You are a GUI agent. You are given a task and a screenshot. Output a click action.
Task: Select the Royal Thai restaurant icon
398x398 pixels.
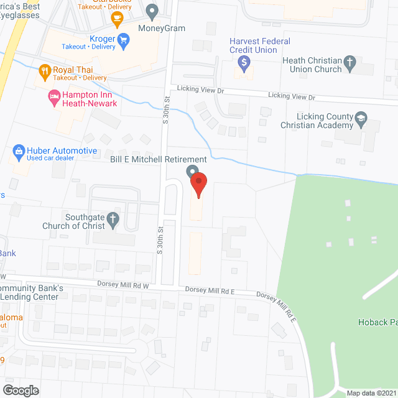click(x=44, y=70)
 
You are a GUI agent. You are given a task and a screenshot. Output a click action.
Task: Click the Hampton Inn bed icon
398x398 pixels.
click(x=53, y=96)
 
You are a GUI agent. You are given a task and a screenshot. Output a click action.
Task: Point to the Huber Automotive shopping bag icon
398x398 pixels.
click(x=19, y=151)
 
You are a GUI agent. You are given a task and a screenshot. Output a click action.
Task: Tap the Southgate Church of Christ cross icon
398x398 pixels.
click(x=113, y=218)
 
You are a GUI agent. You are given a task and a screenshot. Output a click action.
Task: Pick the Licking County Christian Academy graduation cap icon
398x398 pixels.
click(x=360, y=118)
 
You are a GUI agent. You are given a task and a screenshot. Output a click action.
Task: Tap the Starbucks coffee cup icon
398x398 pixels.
click(x=116, y=19)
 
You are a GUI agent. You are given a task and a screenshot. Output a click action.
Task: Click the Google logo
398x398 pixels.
click(x=20, y=390)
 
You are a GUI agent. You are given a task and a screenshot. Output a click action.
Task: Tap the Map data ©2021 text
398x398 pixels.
click(x=370, y=392)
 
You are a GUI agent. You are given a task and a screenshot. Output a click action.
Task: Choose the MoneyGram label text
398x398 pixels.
click(x=162, y=29)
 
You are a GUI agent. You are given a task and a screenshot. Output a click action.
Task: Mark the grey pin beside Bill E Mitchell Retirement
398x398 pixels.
click(x=192, y=172)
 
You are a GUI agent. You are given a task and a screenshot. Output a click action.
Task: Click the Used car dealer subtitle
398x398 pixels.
click(x=51, y=159)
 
